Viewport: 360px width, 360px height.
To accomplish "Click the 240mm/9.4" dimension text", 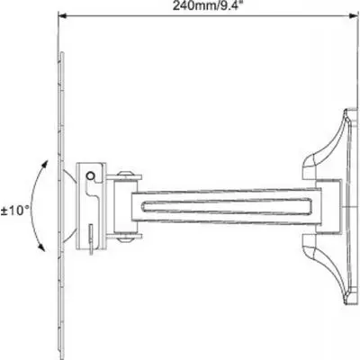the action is point(207,5).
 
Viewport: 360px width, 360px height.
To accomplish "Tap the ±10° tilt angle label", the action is point(15,211).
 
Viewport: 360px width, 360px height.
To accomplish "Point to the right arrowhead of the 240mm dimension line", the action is point(354,15).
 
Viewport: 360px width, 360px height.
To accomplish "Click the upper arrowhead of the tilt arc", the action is point(45,165).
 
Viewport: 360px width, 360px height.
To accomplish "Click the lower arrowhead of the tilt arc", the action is point(41,247).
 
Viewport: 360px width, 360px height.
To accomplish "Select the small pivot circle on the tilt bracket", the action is point(90,175).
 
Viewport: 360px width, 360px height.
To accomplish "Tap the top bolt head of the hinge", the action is point(125,174).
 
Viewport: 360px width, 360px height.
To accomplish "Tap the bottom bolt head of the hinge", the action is point(125,239).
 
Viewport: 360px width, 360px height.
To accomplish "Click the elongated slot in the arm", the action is point(227,208).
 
